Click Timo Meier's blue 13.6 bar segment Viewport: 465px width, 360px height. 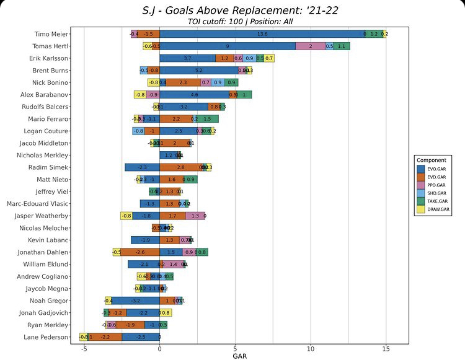point(262,34)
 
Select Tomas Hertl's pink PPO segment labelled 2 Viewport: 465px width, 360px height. point(310,46)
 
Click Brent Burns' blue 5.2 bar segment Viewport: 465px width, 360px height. point(198,71)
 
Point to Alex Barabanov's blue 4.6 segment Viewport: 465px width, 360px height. point(194,95)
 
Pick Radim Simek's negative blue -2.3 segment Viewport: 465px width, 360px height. point(142,167)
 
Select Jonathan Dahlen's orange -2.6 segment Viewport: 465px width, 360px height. point(140,252)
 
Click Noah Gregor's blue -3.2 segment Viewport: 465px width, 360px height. point(135,301)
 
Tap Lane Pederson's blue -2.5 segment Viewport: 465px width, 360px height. point(141,337)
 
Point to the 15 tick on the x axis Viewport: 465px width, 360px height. point(386,349)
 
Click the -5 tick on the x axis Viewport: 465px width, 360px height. point(84,349)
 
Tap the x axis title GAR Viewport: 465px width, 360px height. point(240,356)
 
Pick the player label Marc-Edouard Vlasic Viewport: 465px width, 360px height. point(38,204)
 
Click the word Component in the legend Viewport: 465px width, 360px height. point(432,160)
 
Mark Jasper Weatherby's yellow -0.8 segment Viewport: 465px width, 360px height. point(126,216)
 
